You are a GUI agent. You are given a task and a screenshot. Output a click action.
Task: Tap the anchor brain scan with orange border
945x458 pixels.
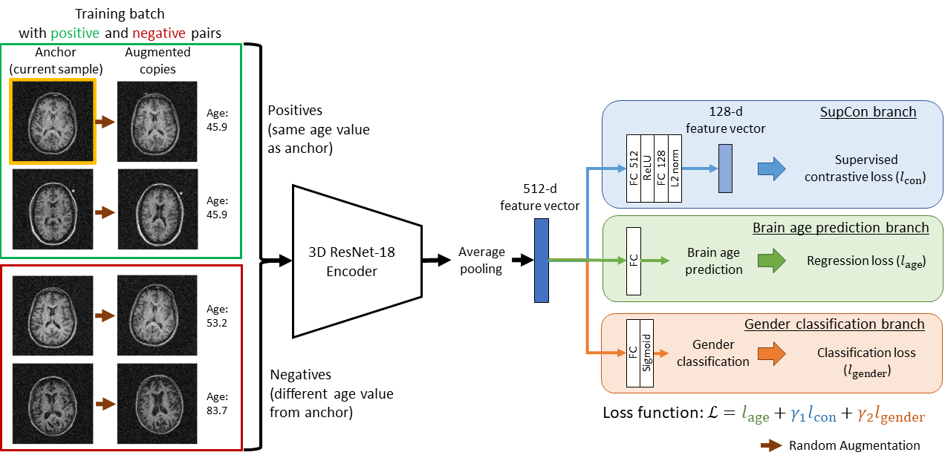53,121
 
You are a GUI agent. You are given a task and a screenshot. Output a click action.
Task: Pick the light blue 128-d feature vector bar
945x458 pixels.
725,169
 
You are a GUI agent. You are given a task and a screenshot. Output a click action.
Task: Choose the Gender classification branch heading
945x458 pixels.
834,324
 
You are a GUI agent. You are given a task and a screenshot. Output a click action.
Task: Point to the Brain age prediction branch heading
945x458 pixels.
840,227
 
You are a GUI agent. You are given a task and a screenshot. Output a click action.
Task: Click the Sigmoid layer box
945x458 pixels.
646,353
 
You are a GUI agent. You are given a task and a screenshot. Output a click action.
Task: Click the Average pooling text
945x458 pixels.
481,261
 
